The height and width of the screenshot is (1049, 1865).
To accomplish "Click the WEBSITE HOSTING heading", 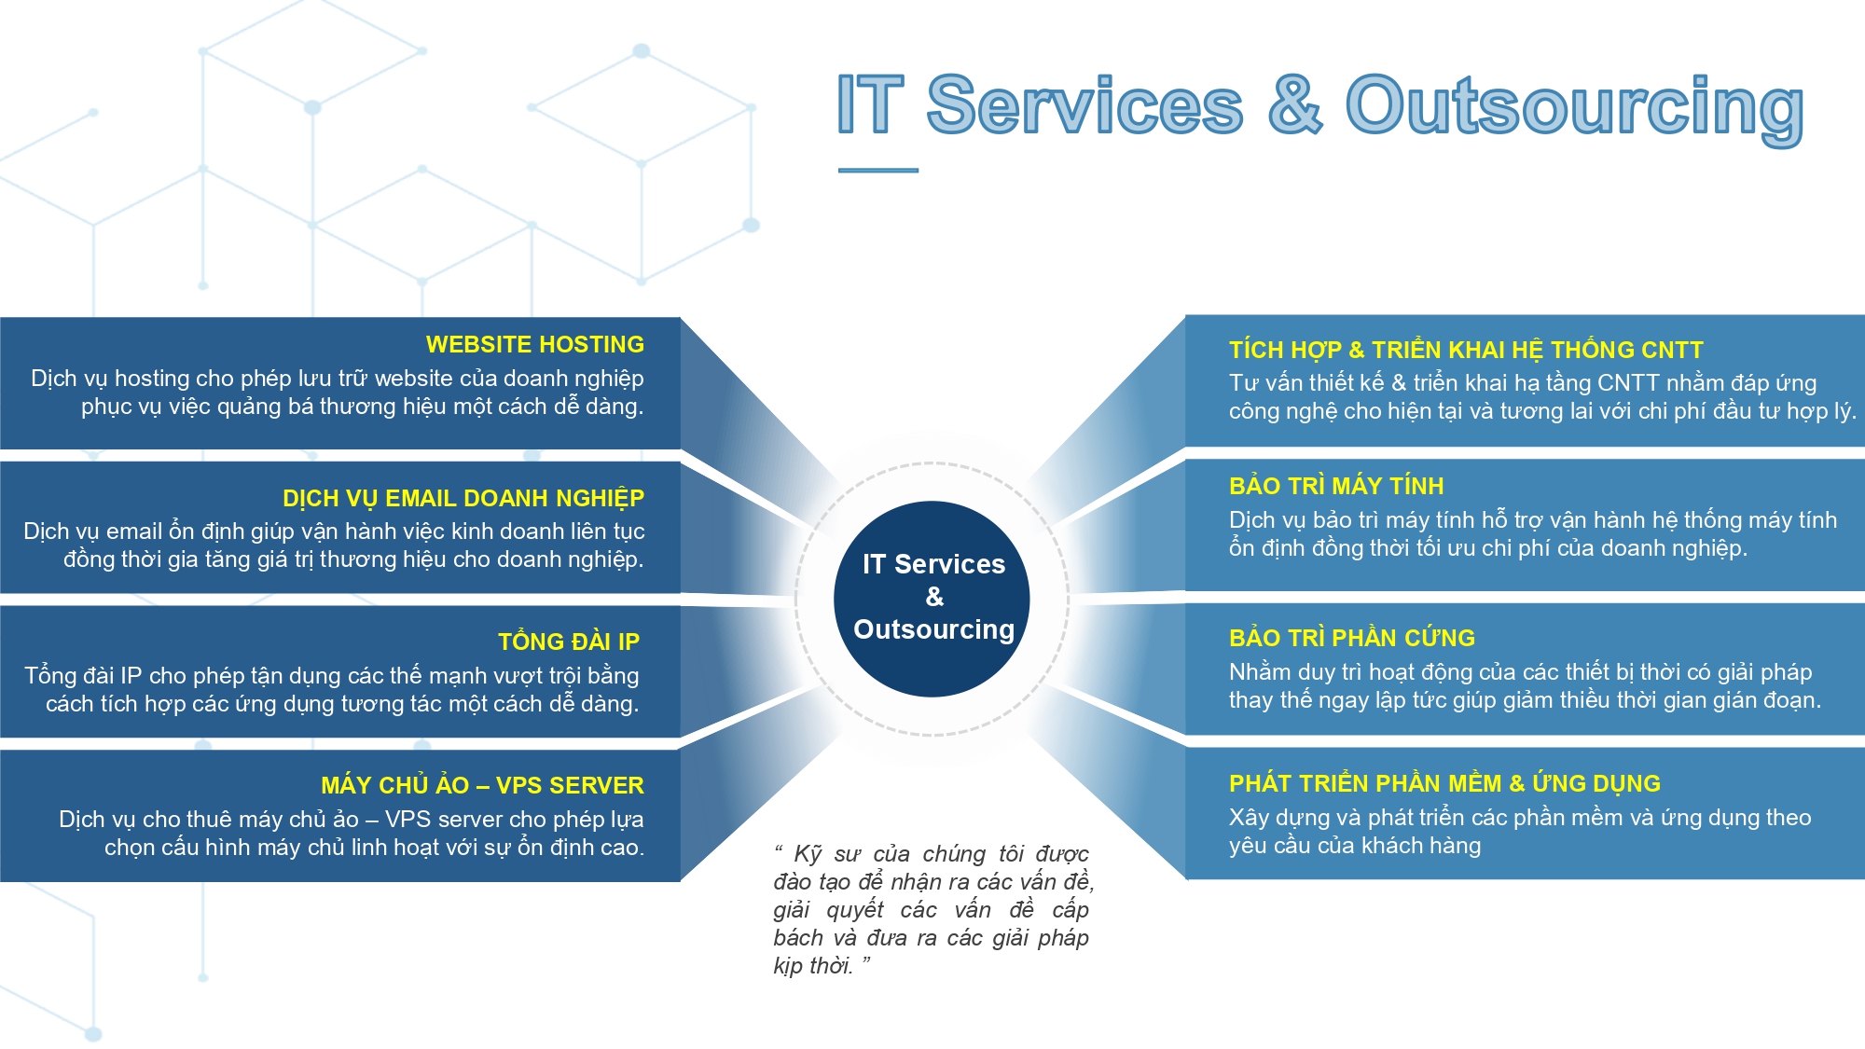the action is click(x=535, y=345).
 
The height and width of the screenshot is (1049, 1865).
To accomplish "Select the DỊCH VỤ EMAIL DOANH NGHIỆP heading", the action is click(x=463, y=498).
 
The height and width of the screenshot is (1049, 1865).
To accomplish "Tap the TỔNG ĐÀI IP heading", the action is click(x=569, y=642).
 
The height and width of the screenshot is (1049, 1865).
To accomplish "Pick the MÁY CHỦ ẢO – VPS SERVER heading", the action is click(x=482, y=785).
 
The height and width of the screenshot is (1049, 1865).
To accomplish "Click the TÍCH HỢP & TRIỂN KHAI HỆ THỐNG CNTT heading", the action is click(x=1466, y=350).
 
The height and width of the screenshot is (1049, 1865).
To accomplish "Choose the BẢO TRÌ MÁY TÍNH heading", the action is click(x=1336, y=486).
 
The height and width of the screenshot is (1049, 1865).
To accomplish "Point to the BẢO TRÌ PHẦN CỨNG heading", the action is click(x=1352, y=638).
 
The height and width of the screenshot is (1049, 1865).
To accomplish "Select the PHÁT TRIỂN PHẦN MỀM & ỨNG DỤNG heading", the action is click(x=1444, y=783).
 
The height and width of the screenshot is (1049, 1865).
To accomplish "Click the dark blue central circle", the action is click(x=932, y=599).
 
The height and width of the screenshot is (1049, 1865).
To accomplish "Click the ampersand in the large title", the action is click(x=1294, y=104).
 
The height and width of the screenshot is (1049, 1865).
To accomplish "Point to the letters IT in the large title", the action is click(x=870, y=104).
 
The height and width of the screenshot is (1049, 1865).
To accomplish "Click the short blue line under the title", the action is click(x=878, y=170).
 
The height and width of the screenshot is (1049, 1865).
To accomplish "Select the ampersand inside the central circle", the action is click(x=934, y=597).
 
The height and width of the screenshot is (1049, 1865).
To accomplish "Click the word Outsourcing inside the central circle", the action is click(x=933, y=630).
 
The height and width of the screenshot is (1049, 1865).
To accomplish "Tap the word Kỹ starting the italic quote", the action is click(x=808, y=855).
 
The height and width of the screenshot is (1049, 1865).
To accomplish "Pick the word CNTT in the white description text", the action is click(x=1628, y=383).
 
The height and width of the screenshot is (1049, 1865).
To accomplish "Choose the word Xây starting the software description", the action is click(x=1249, y=818).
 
